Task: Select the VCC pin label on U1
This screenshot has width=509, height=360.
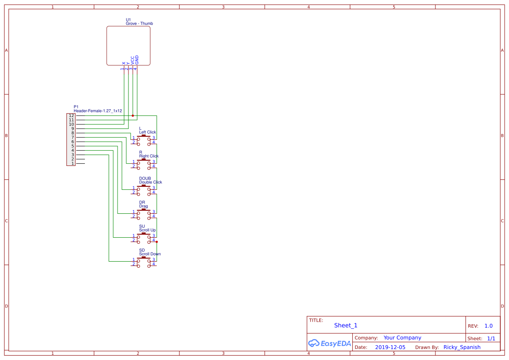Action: pos(132,61)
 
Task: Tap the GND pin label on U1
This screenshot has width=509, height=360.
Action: pos(137,60)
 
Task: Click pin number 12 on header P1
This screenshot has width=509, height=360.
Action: pos(71,116)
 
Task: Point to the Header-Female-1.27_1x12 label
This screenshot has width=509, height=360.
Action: pos(98,111)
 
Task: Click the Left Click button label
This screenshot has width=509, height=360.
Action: pos(147,132)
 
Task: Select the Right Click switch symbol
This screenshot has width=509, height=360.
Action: pos(143,164)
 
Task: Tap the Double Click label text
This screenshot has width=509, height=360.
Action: pos(150,182)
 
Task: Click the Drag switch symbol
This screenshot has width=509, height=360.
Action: pos(143,214)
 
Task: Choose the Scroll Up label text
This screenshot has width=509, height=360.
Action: pos(147,230)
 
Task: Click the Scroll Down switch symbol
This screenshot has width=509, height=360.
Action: pos(143,262)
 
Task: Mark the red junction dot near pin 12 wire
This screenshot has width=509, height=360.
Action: pos(133,116)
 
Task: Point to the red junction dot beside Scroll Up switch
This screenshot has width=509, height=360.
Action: pos(157,242)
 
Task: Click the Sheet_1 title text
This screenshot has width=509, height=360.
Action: pos(346,325)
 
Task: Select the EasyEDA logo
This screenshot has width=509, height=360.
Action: pos(329,343)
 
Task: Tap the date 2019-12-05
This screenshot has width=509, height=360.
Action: pos(390,347)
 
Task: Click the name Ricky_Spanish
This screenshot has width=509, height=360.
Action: pos(462,347)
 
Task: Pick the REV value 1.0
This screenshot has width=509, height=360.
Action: pos(488,326)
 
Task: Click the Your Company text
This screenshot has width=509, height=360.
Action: pos(402,338)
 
